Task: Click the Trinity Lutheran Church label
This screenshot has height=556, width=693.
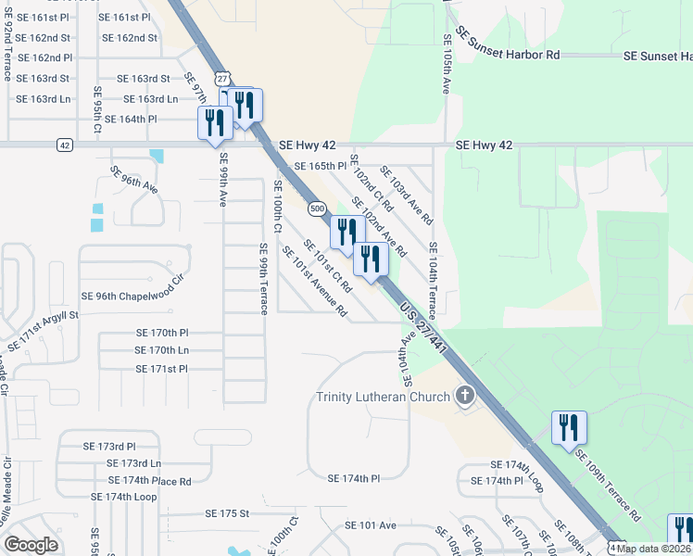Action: tap(383, 398)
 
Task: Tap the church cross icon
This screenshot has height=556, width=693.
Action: tap(465, 397)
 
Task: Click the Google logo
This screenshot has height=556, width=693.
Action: tap(31, 544)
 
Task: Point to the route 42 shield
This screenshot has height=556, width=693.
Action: tap(63, 145)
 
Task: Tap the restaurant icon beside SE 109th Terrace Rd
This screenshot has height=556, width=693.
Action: tap(569, 428)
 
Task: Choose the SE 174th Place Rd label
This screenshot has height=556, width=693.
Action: tap(149, 481)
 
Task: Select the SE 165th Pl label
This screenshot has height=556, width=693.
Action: tap(320, 166)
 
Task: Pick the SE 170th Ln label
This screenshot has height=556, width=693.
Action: tap(162, 350)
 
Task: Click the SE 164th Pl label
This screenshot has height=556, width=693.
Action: tap(132, 120)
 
